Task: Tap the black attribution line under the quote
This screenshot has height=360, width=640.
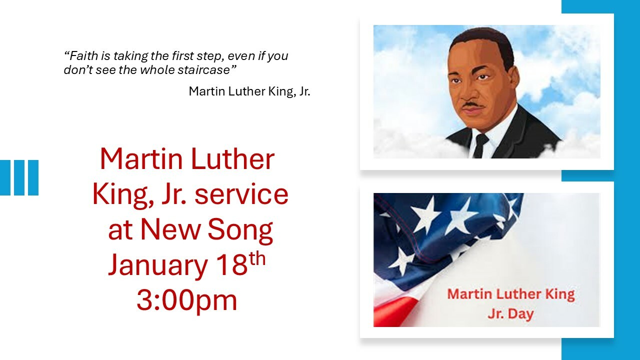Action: (x=249, y=91)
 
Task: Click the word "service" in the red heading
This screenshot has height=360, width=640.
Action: (x=241, y=194)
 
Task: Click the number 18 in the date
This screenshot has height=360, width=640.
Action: (x=231, y=264)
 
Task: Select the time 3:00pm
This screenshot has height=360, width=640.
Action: (x=187, y=301)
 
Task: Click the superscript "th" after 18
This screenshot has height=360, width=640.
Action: (x=257, y=258)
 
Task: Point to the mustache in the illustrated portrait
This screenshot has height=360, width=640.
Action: (x=473, y=105)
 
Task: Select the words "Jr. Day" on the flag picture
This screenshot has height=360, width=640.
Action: (x=511, y=313)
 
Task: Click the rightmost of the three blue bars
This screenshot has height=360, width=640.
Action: (x=33, y=177)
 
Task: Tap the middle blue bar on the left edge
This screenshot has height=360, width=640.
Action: (x=19, y=177)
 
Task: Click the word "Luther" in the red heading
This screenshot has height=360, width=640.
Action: (x=232, y=159)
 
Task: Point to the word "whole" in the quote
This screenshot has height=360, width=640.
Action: (x=157, y=69)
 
